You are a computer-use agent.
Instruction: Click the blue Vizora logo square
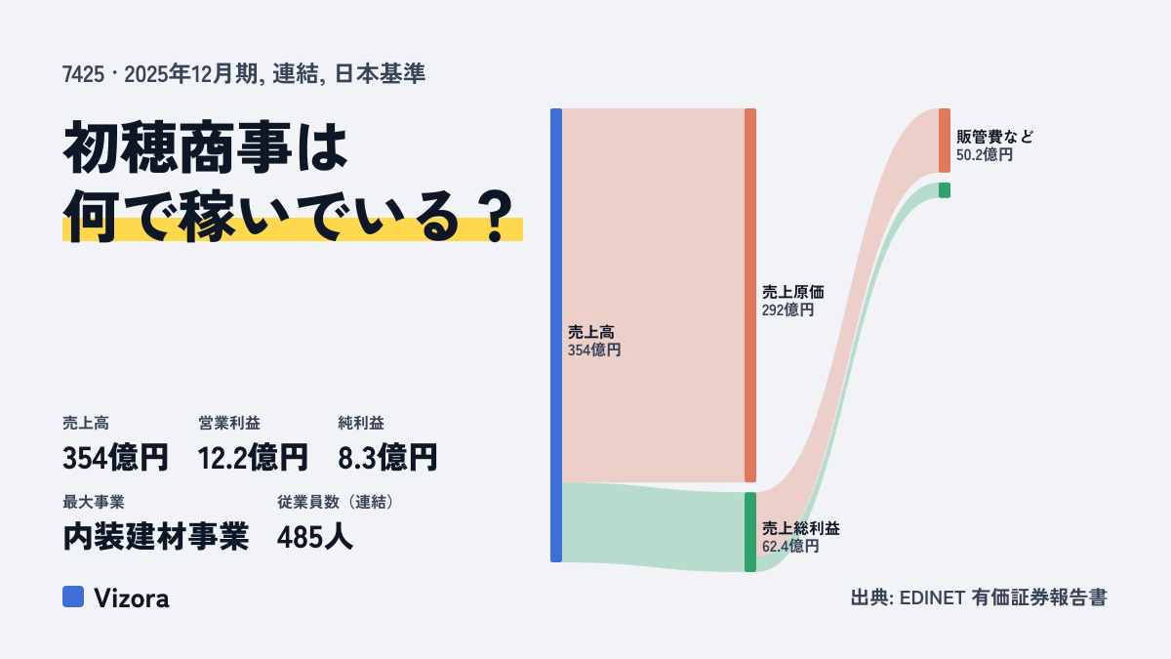[73, 597]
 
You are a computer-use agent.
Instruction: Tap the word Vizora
[132, 597]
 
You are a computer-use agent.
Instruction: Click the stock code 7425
[83, 74]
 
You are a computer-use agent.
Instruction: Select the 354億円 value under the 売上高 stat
[115, 457]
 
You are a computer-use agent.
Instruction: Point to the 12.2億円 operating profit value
[253, 457]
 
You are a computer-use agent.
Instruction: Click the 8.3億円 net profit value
[387, 457]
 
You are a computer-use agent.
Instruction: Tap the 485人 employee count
[314, 537]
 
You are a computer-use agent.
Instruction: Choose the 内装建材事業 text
[156, 537]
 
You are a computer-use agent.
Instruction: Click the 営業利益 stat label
[229, 423]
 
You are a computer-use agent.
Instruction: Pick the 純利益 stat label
[361, 423]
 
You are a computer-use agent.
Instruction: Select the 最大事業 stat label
[94, 502]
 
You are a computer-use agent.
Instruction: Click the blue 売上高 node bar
[556, 335]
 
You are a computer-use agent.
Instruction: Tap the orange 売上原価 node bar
[750, 295]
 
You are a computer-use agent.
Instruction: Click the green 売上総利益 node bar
[750, 532]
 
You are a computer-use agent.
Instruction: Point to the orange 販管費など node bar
[945, 141]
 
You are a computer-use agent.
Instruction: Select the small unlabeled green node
[945, 190]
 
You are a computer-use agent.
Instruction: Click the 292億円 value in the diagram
[787, 310]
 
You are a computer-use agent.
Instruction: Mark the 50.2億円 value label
[985, 155]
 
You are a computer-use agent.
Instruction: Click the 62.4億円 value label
[790, 547]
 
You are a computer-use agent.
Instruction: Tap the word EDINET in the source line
[932, 597]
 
